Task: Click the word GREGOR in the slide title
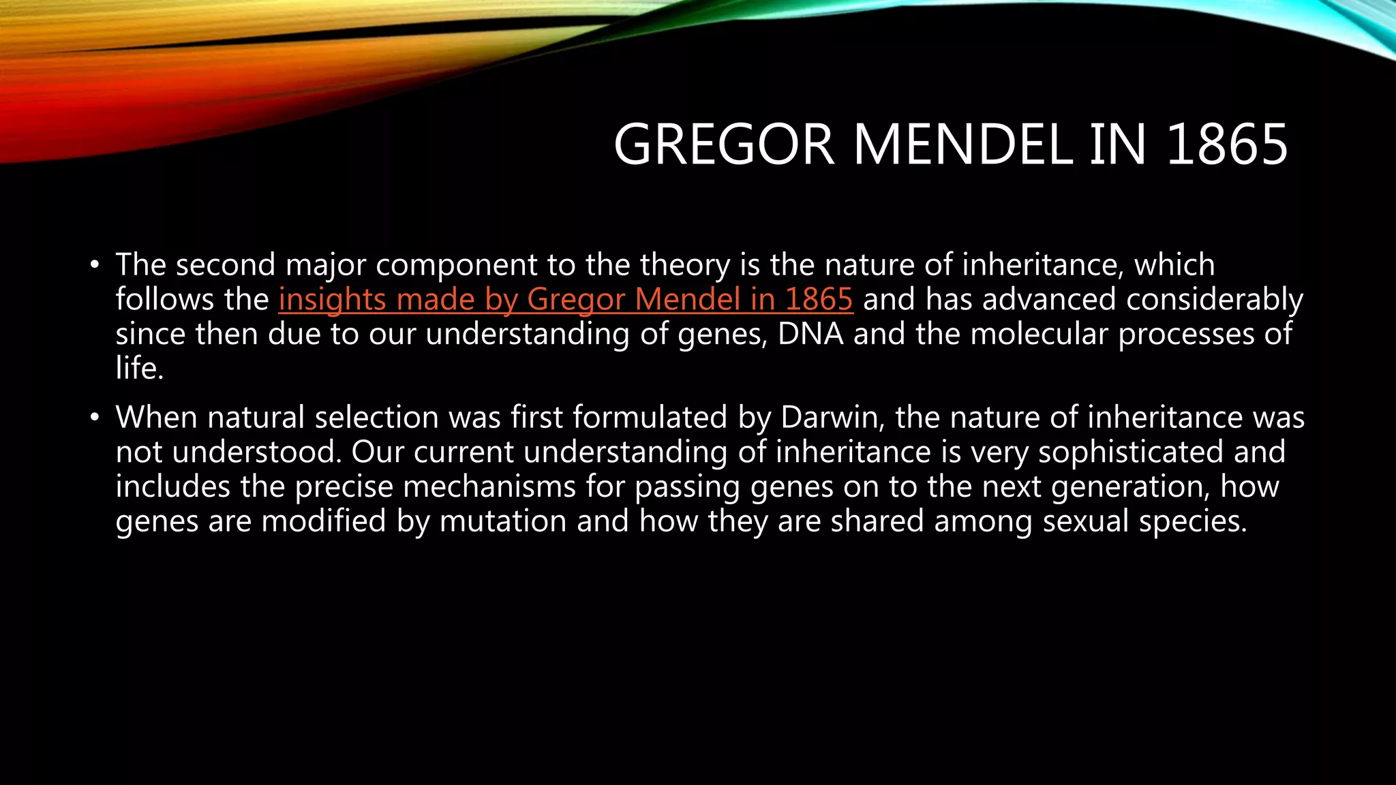pos(724,144)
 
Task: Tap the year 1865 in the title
pos(1227,144)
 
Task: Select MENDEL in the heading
pos(963,144)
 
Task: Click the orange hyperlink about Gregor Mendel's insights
pos(565,300)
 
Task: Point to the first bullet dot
pos(95,265)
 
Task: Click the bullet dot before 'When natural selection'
pos(95,418)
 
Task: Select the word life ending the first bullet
pos(139,369)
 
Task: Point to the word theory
pos(685,265)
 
